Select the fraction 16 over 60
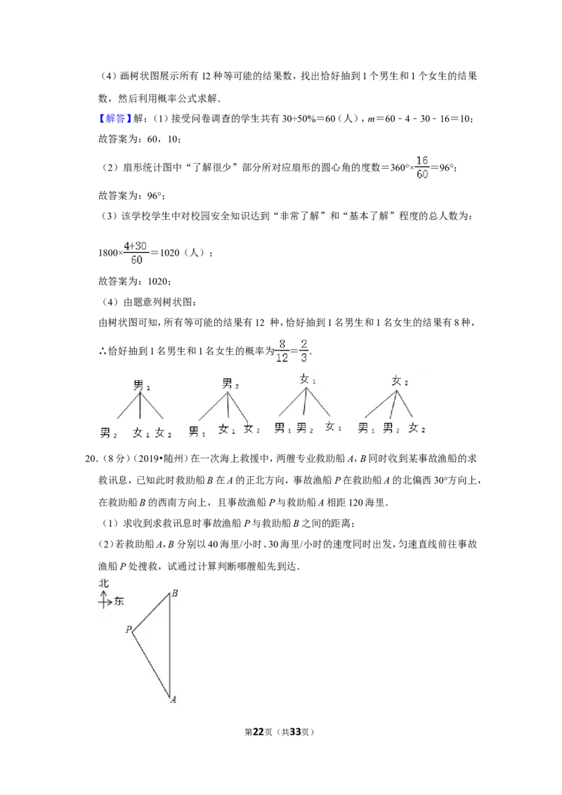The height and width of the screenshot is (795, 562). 422,167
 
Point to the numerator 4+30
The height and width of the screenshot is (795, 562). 136,247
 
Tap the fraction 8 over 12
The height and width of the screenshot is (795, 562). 282,351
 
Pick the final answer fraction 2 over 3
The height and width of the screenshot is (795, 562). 303,351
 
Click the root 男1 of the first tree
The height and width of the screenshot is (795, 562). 141,385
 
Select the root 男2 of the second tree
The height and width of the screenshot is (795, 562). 230,383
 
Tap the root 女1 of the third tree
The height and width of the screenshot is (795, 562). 308,379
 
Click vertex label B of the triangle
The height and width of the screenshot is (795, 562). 174,593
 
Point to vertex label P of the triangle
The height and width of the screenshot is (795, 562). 129,629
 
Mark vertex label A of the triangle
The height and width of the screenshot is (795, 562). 173,699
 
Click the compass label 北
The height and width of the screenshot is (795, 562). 103,583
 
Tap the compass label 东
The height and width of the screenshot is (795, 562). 119,601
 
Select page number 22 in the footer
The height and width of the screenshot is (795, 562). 259,732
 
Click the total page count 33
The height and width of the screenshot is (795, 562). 295,732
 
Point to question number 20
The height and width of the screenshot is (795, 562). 91,459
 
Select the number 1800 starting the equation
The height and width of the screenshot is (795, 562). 108,253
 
